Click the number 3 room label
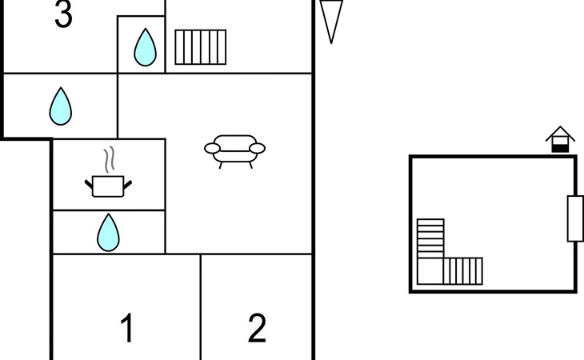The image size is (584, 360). (63, 14)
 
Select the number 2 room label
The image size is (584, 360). (257, 328)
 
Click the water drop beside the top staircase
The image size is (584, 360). (146, 47)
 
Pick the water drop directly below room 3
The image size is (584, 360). (60, 106)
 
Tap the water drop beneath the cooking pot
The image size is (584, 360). (108, 232)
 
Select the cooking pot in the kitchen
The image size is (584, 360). (108, 186)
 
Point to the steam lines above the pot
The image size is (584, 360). (109, 159)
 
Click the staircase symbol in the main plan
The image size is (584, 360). (200, 47)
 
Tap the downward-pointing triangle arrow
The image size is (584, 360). (331, 22)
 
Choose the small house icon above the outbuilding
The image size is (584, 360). (560, 139)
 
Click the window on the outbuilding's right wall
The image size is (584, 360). (575, 218)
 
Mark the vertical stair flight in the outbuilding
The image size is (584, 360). (430, 238)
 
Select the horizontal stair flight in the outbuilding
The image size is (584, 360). (463, 271)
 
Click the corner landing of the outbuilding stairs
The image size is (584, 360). (430, 271)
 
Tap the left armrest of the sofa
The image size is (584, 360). (212, 148)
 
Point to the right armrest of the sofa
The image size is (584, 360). (257, 148)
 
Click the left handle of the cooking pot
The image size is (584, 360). (89, 184)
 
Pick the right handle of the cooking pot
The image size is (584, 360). (127, 184)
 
